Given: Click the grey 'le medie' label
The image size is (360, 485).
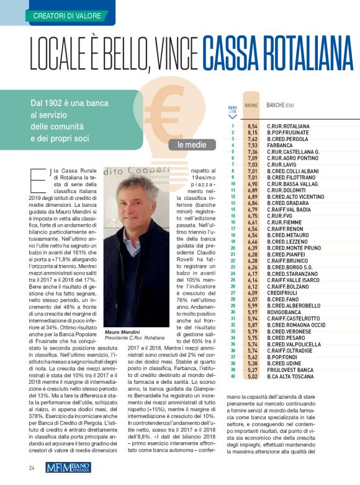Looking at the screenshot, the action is [188, 145].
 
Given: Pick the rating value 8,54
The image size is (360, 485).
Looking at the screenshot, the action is [253, 126].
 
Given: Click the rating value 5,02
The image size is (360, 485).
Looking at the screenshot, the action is [253, 376].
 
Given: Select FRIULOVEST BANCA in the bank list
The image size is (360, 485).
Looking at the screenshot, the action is [289, 369].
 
